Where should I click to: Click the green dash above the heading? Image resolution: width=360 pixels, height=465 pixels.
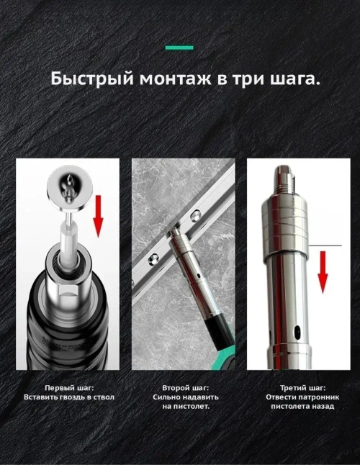click(x=179, y=48)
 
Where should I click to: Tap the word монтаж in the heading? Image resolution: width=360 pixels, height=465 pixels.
click(x=163, y=78)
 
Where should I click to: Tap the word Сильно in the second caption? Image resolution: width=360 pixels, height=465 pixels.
click(x=168, y=397)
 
